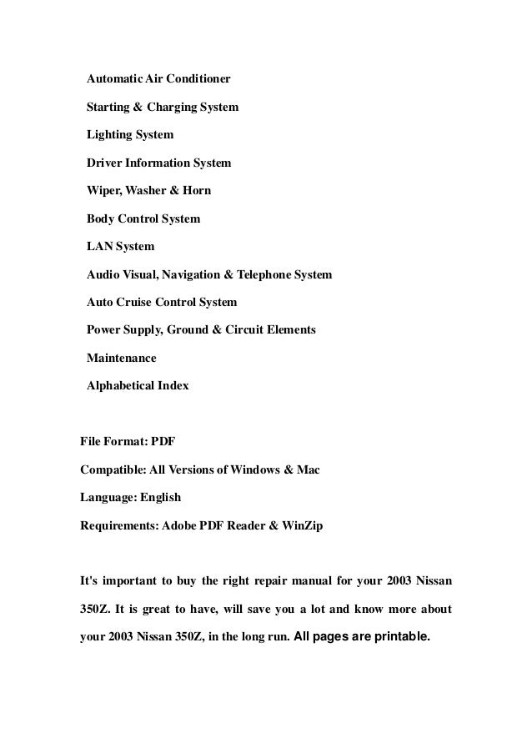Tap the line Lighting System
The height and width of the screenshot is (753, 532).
(130, 135)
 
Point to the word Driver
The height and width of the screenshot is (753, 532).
(105, 163)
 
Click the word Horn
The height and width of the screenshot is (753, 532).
(196, 190)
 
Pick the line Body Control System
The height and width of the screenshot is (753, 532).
(143, 218)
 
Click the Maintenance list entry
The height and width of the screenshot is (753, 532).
(122, 358)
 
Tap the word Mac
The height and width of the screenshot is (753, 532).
(308, 470)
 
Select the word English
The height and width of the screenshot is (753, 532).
(160, 498)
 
